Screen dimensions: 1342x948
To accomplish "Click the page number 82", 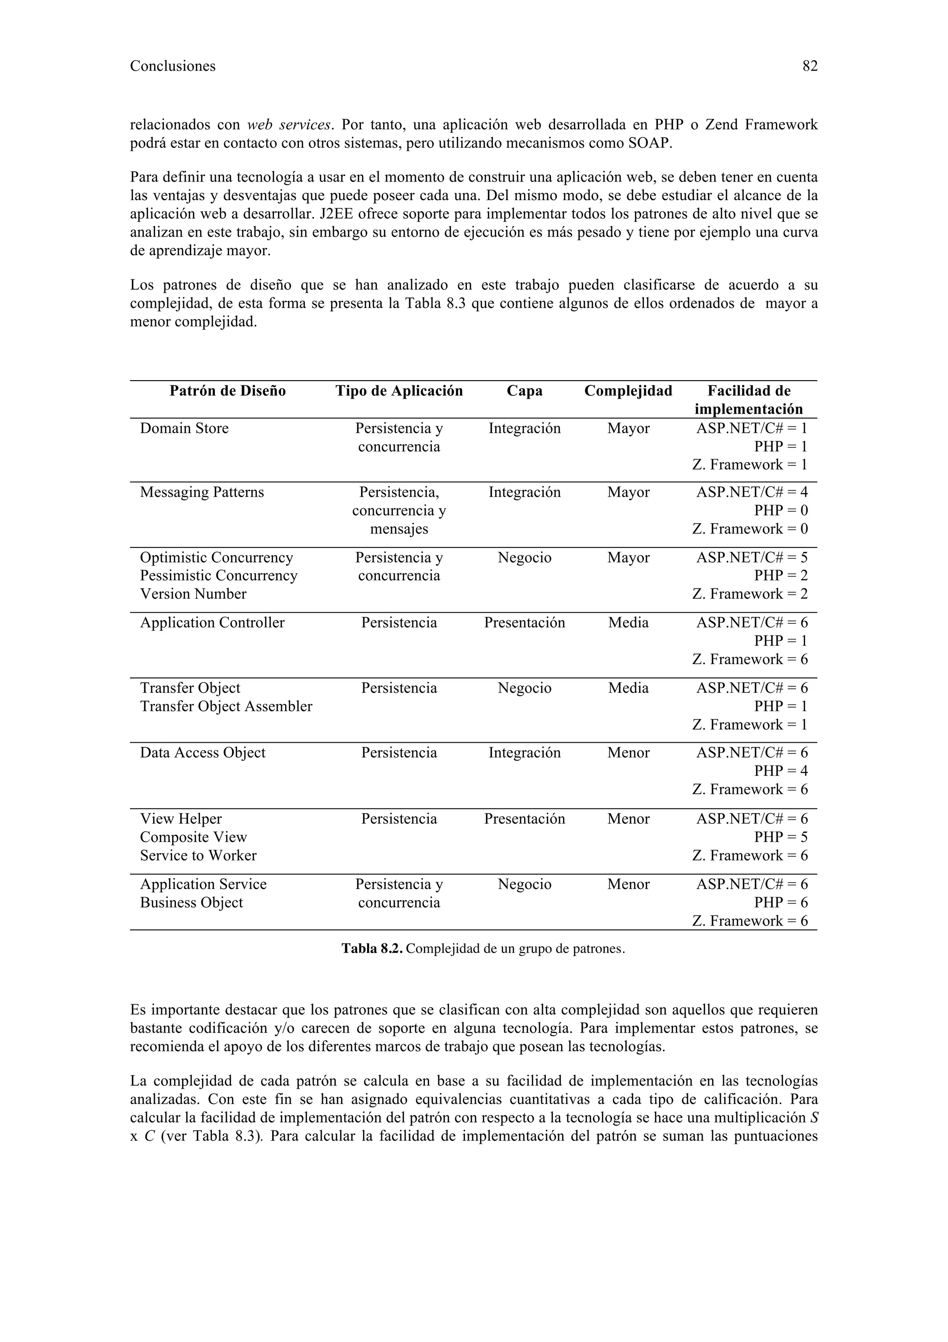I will [810, 66].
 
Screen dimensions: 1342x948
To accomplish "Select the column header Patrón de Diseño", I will [227, 391].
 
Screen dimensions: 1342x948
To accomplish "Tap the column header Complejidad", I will [628, 391].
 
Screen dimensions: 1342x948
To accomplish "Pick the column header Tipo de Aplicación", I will [399, 391].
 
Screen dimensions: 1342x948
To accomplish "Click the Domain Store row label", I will [184, 428].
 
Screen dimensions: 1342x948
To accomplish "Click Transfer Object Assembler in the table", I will [226, 706].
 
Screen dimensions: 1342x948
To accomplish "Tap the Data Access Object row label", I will [202, 753].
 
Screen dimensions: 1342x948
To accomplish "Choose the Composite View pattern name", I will [193, 837].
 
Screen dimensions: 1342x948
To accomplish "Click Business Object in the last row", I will [191, 903].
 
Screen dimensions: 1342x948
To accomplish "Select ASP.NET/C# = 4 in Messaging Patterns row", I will [752, 492].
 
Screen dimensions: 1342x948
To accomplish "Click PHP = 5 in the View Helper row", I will [780, 837].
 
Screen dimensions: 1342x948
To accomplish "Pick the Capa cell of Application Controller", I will [524, 622].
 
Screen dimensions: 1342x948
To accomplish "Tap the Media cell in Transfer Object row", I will [628, 688].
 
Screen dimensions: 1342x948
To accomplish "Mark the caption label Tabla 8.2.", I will [372, 949].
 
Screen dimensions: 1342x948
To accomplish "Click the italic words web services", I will [290, 125].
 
